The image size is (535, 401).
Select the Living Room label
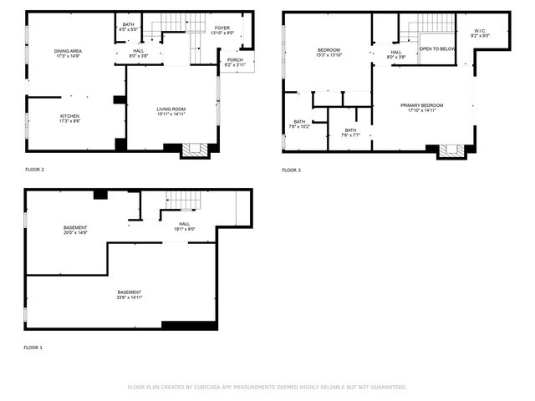coord(171,109)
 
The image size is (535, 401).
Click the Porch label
coord(234,61)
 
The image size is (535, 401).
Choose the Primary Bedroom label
coord(421,106)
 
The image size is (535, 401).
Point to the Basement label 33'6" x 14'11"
coord(130,293)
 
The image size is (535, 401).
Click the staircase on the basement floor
coord(182,200)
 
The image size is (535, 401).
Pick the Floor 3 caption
coord(291,170)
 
